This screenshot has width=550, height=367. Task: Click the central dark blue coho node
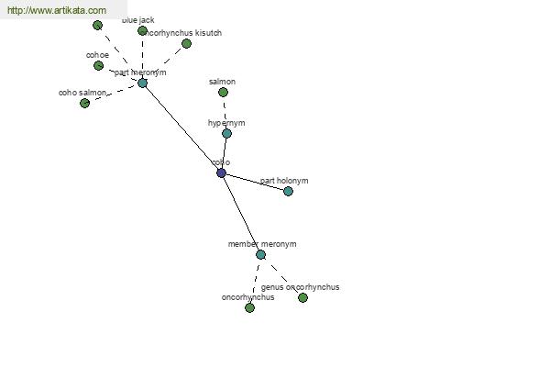click(x=221, y=172)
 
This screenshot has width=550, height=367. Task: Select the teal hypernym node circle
click(x=226, y=133)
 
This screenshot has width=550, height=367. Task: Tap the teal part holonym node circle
click(x=288, y=191)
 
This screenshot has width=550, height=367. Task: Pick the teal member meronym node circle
click(x=260, y=254)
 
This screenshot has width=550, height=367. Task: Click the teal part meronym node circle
click(x=142, y=83)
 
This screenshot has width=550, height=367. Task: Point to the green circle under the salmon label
click(x=223, y=92)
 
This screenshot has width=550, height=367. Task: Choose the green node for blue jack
click(x=142, y=30)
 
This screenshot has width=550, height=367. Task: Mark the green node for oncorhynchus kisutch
click(x=186, y=43)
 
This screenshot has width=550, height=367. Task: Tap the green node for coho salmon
click(x=84, y=103)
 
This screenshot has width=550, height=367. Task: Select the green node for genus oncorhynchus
click(x=302, y=297)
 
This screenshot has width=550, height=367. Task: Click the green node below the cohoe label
click(x=98, y=65)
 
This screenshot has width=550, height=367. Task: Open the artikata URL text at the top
click(x=56, y=10)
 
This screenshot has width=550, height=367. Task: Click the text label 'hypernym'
click(x=226, y=123)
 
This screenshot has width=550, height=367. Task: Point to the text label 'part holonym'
click(x=284, y=181)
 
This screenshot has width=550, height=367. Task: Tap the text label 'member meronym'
click(x=262, y=244)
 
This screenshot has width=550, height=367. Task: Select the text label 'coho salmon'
click(x=82, y=93)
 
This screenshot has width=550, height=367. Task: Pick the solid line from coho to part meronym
click(x=181, y=128)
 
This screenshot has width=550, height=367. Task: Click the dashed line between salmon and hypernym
click(x=225, y=112)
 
